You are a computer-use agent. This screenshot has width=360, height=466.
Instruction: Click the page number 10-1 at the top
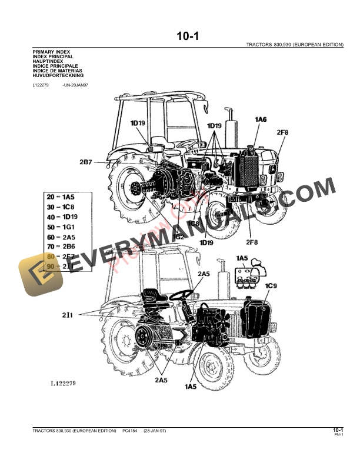(x=188, y=36)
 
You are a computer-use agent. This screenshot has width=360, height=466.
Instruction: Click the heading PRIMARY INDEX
(x=51, y=52)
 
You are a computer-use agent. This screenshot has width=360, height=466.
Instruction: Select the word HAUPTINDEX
(x=48, y=61)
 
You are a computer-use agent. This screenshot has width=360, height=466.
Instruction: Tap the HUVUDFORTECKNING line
(x=58, y=76)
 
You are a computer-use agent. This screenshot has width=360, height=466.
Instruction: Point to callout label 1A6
(x=261, y=119)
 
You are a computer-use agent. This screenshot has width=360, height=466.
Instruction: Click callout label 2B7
(x=86, y=161)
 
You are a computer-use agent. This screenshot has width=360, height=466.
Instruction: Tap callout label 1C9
(x=271, y=286)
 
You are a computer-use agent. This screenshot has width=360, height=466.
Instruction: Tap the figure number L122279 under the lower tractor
(x=62, y=383)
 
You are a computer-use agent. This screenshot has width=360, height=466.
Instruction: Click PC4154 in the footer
(x=130, y=432)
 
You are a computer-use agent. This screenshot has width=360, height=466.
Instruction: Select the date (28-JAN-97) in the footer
(x=155, y=432)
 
